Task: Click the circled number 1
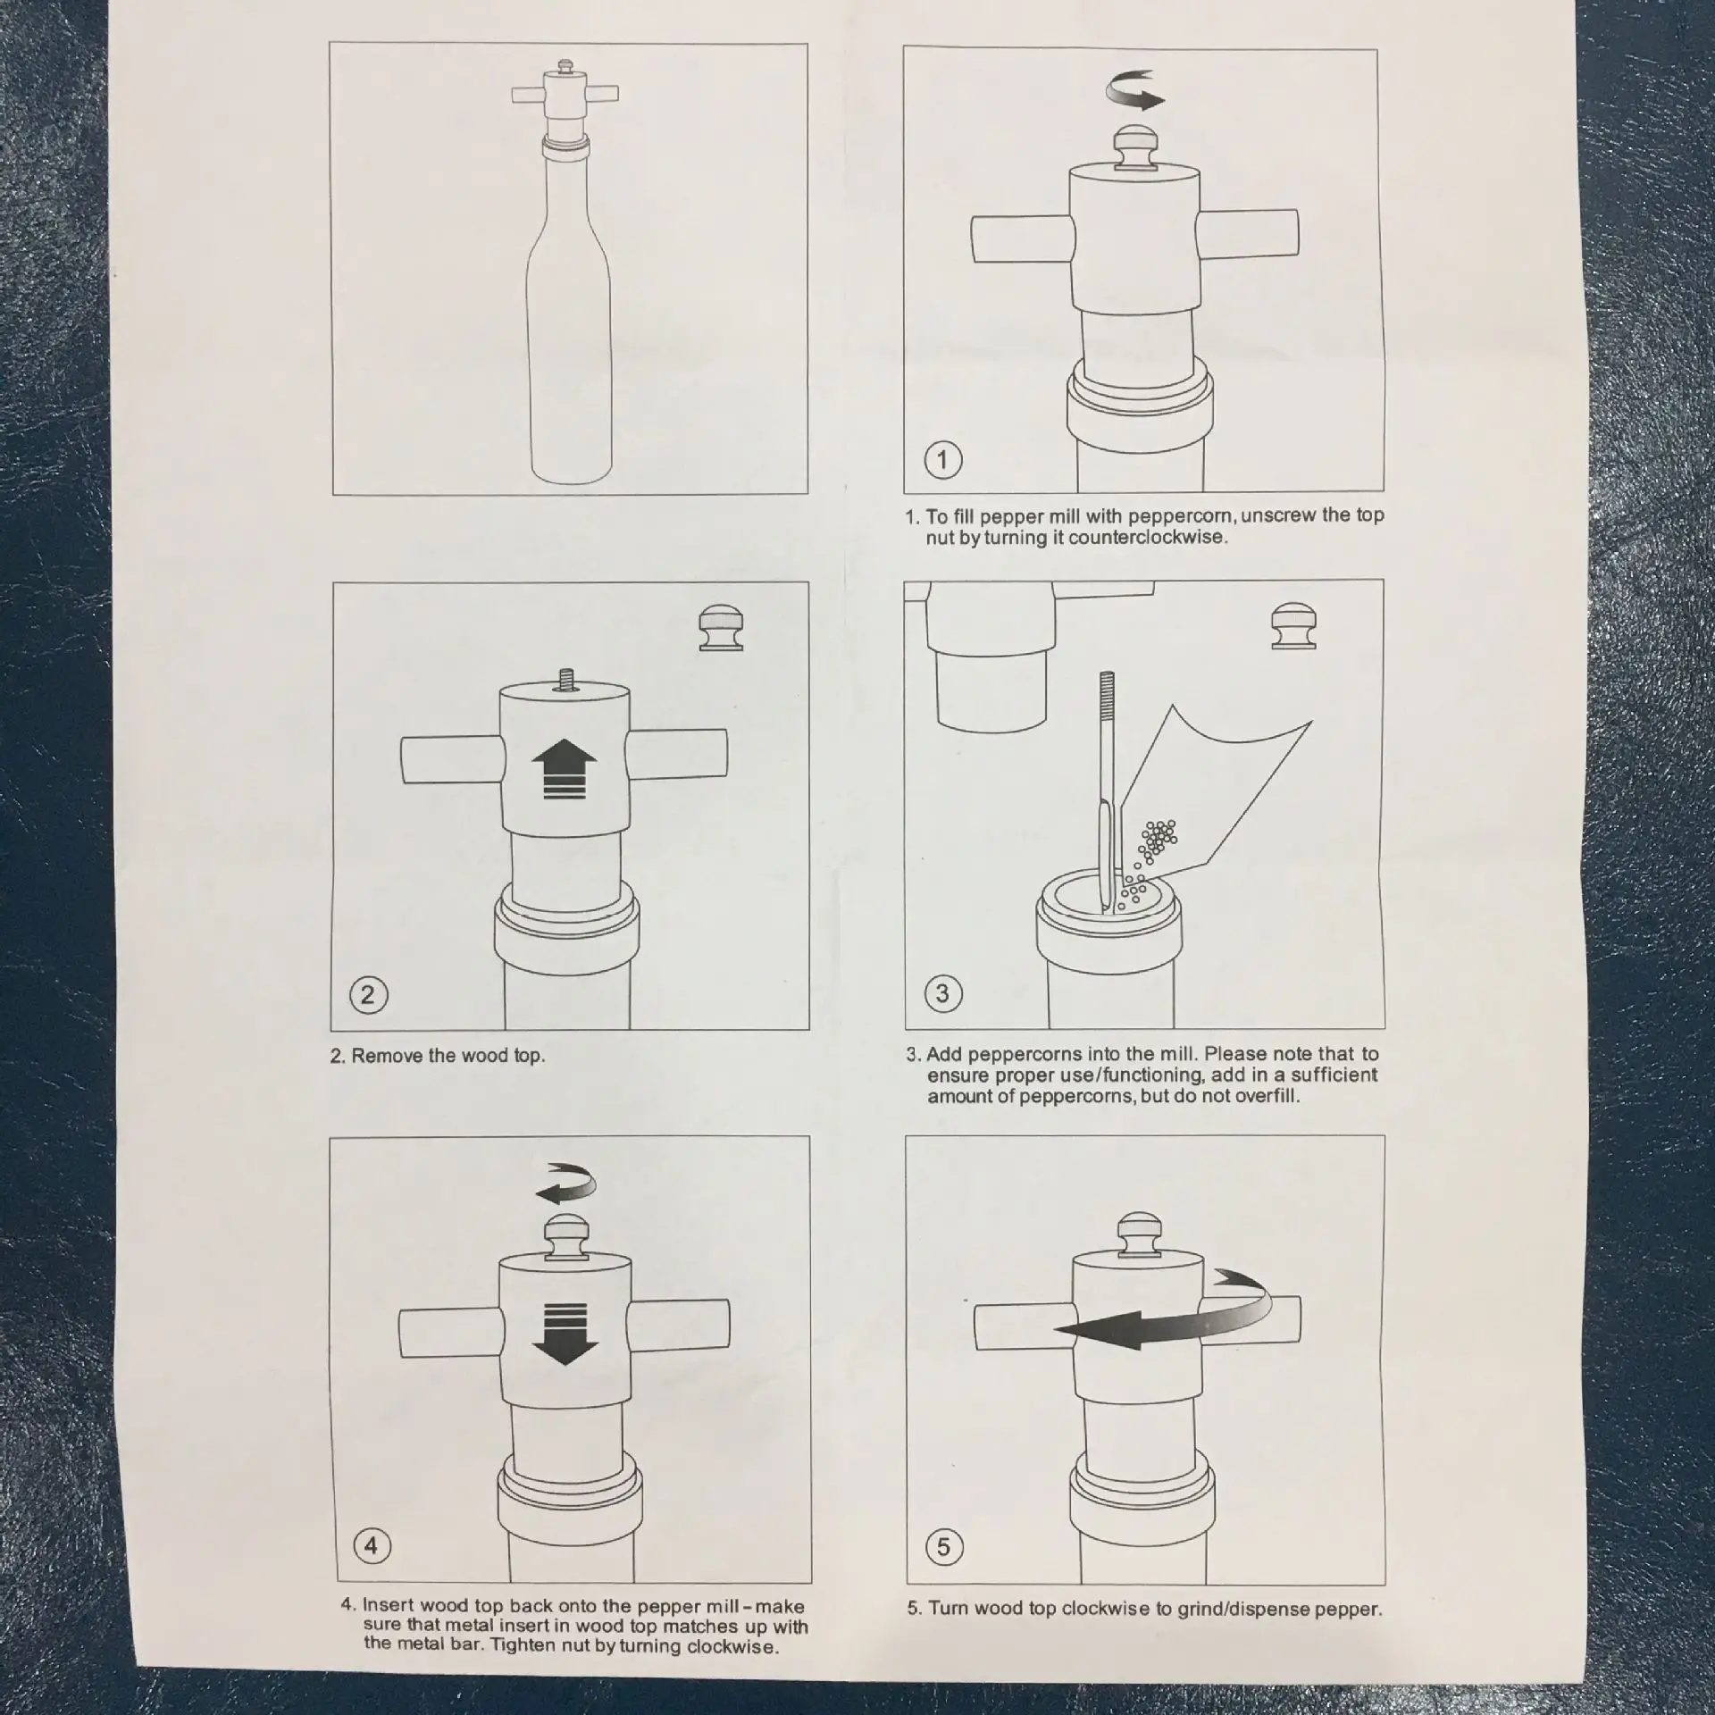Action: [x=942, y=460]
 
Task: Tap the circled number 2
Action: [x=368, y=994]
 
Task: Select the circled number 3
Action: [x=942, y=992]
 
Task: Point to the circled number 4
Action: [x=372, y=1545]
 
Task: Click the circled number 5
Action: [x=944, y=1546]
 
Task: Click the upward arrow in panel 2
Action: [x=564, y=771]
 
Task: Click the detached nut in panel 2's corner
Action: [x=720, y=628]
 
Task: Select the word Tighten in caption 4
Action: [x=526, y=1647]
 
